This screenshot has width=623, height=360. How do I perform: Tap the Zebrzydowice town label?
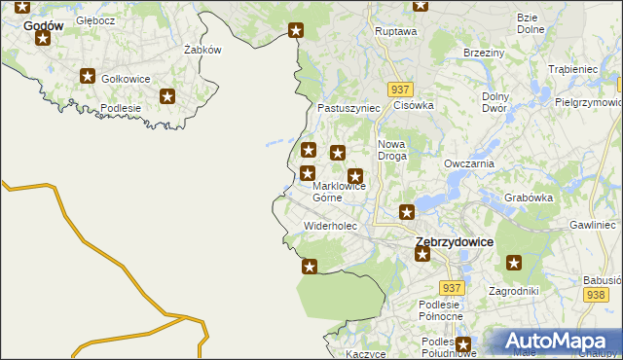454,241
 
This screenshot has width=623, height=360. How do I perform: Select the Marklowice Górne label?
339,191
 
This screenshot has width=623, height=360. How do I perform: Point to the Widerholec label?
331,226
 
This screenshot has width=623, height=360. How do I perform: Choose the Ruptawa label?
396,31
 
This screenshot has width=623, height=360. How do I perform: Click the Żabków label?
203,50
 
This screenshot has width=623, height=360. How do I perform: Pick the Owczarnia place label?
470,163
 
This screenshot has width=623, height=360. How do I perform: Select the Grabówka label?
530,198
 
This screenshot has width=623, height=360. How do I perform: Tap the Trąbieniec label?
572,69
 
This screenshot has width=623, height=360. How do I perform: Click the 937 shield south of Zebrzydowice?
450,289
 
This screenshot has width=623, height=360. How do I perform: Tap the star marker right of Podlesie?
167,96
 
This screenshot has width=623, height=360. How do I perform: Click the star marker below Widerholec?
310,267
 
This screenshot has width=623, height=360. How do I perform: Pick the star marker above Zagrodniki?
514,262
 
